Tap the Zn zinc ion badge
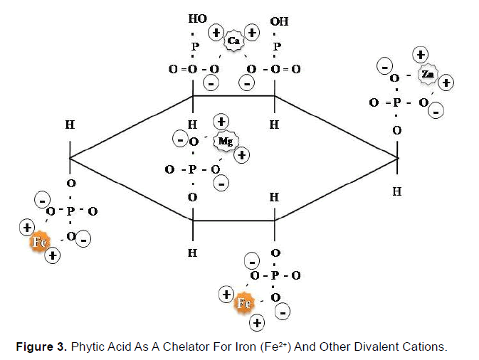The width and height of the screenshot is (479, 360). tap(426, 74)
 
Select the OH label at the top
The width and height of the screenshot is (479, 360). tap(280, 21)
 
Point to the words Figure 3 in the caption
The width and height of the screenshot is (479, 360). tap(42, 347)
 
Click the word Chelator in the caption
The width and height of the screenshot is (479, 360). tap(186, 347)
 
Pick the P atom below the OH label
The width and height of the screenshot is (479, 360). tap(277, 46)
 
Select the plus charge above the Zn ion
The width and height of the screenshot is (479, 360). tap(421, 54)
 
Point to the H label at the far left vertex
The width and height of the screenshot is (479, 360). tap(70, 125)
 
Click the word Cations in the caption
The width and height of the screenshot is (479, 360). tap(426, 347)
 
